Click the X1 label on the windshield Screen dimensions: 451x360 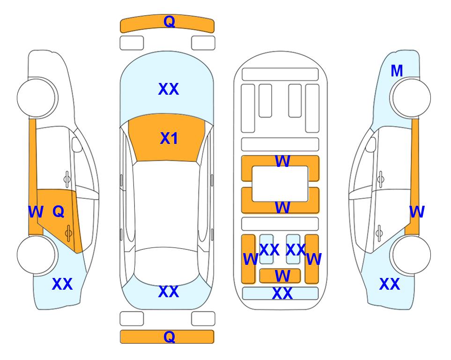169,138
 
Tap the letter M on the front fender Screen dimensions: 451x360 397,71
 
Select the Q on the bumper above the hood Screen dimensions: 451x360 169,22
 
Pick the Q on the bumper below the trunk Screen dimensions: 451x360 169,337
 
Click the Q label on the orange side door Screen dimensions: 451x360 59,212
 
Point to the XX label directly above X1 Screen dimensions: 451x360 169,89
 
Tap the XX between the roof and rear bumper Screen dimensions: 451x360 169,292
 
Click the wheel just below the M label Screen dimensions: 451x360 410,98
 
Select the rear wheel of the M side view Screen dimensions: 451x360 410,255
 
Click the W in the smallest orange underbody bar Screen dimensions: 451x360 282,276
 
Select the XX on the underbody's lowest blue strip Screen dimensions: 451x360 282,293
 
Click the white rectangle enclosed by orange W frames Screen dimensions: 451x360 280,184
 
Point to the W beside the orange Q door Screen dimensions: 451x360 36,212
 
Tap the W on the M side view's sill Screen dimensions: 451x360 417,212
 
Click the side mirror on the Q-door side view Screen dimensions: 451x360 77,144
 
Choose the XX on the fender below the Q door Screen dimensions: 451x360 62,284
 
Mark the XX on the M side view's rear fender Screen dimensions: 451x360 390,284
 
